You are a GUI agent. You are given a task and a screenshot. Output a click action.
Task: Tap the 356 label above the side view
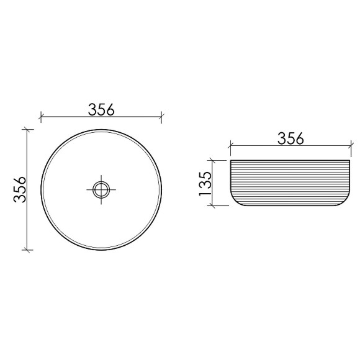[x=290, y=139]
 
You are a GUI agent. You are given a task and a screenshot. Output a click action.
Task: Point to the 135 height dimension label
[x=207, y=184]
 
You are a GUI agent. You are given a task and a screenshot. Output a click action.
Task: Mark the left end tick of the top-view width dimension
[x=40, y=116]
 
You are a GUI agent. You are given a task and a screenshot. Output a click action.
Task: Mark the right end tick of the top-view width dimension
[x=161, y=116]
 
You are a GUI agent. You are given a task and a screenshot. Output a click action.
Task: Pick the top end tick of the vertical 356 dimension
[x=27, y=129]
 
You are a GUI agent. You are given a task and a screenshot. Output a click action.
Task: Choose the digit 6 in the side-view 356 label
[x=300, y=139]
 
